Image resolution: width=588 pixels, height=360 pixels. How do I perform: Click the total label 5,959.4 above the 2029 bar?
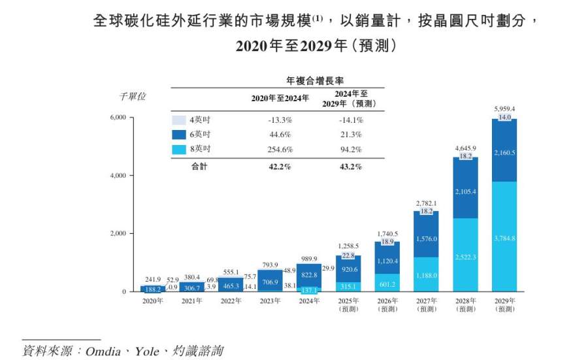[505, 108]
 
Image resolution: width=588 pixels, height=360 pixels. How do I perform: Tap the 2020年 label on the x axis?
[154, 301]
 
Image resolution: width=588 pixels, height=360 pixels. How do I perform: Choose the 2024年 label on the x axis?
[308, 301]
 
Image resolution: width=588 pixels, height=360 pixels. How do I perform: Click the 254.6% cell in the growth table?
[280, 150]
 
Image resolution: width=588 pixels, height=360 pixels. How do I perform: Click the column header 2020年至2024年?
[280, 99]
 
